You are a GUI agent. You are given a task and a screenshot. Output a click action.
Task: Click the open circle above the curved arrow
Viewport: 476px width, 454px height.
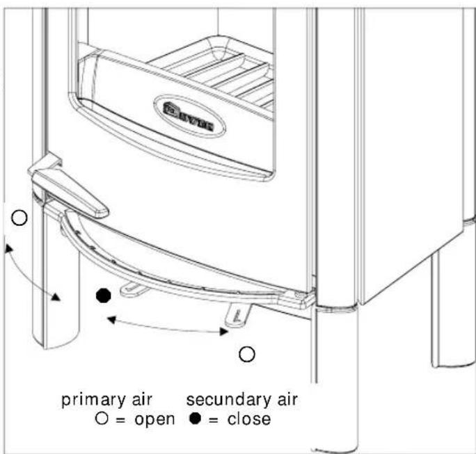click(20, 218)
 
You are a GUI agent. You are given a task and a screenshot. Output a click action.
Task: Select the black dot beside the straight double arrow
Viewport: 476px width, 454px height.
click(103, 295)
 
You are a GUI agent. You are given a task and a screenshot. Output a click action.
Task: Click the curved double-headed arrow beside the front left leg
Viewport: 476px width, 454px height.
click(30, 270)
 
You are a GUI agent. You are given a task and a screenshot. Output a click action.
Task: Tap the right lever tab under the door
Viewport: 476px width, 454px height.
click(235, 312)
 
